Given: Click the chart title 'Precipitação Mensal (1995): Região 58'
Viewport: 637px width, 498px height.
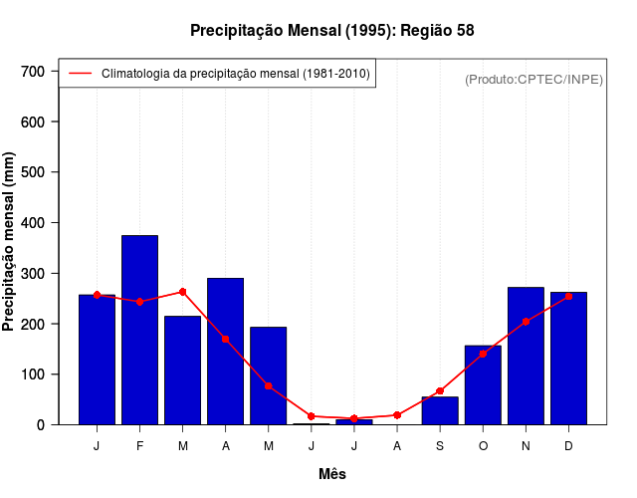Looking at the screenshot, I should pyautogui.click(x=331, y=31).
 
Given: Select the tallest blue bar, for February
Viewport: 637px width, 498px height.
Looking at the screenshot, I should pyautogui.click(x=139, y=330).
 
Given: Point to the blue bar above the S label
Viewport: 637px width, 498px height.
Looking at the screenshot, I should pyautogui.click(x=440, y=410).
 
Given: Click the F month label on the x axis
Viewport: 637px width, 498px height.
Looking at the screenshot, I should pyautogui.click(x=139, y=446).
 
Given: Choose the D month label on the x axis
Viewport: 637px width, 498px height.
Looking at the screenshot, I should pyautogui.click(x=568, y=446).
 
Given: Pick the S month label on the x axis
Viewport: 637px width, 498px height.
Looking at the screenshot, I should pyautogui.click(x=440, y=446).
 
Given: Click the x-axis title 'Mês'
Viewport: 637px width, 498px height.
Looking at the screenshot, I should pyautogui.click(x=331, y=475).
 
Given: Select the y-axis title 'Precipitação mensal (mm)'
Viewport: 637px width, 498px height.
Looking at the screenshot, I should pyautogui.click(x=10, y=241).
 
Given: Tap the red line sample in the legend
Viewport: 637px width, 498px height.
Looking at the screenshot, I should pyautogui.click(x=80, y=74).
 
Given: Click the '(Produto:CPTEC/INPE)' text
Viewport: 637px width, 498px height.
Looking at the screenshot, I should pyautogui.click(x=533, y=80).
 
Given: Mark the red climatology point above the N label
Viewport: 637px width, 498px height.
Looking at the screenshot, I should pyautogui.click(x=526, y=322).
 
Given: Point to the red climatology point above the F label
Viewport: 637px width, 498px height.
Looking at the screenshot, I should pyautogui.click(x=139, y=302).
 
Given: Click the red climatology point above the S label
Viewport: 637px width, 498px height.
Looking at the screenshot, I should pyautogui.click(x=440, y=390).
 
